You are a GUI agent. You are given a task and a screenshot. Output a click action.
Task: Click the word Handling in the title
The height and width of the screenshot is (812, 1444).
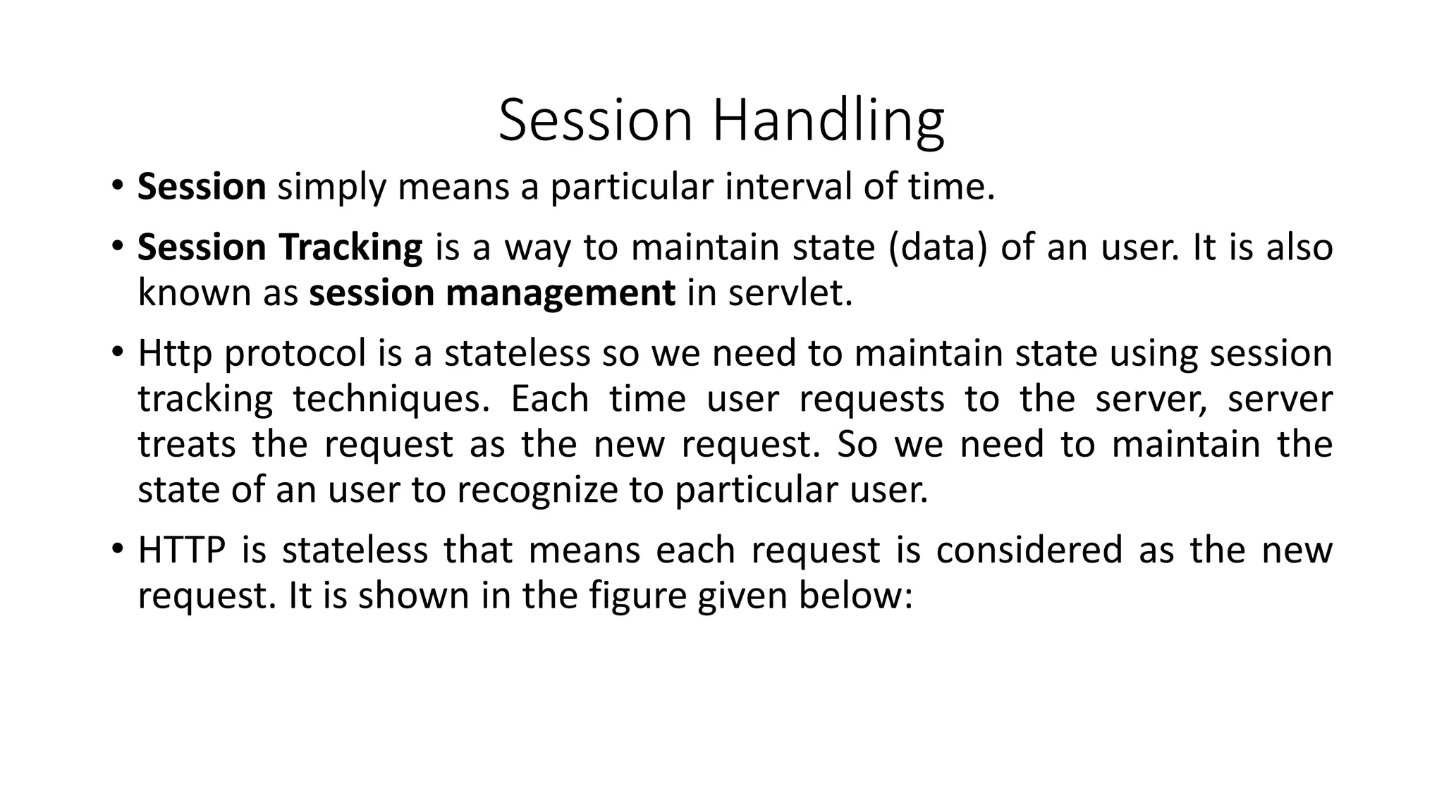click(828, 121)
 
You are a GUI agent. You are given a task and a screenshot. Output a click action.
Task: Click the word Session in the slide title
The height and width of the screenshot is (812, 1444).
click(596, 121)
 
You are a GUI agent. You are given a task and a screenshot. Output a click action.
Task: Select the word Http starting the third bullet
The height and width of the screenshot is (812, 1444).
click(174, 353)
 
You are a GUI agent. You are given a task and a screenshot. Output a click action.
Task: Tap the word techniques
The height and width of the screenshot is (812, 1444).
click(391, 400)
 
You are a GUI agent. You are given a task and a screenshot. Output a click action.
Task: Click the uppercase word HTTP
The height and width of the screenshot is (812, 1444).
click(181, 550)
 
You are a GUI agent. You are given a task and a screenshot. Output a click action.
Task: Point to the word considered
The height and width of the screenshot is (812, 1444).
click(1029, 550)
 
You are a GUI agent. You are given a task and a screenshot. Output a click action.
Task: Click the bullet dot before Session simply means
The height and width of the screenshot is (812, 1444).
click(117, 187)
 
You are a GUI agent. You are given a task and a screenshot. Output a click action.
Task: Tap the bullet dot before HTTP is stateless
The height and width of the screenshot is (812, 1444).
click(117, 550)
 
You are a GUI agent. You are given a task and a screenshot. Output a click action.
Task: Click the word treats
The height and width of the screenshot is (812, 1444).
click(186, 445)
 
